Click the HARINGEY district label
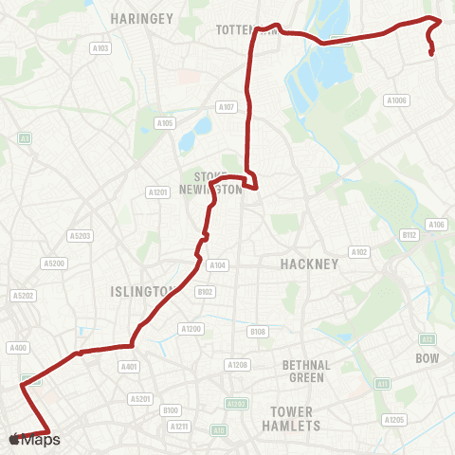pyautogui.click(x=139, y=19)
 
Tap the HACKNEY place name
pyautogui.click(x=309, y=264)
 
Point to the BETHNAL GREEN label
pyautogui.click(x=305, y=371)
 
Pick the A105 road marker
pyautogui.click(x=165, y=122)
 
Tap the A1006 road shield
pyautogui.click(x=396, y=100)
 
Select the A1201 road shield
pyautogui.click(x=157, y=191)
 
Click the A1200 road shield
pyautogui.click(x=191, y=329)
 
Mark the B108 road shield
pyautogui.click(x=257, y=331)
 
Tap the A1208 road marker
pyautogui.click(x=237, y=364)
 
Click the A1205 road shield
pyautogui.click(x=394, y=419)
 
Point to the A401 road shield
pyautogui.click(x=129, y=366)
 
